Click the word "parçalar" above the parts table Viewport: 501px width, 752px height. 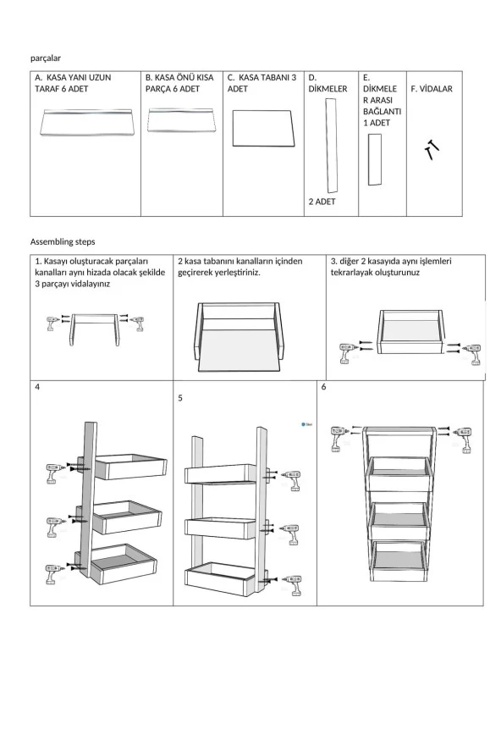click(46, 58)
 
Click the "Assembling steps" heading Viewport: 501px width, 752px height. click(63, 241)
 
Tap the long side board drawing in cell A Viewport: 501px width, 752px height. click(86, 122)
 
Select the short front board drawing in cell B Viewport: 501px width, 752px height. click(181, 120)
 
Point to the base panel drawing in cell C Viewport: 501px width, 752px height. click(262, 128)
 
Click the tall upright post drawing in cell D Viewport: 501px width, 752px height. click(331, 146)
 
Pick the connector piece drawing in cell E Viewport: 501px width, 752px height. click(374, 160)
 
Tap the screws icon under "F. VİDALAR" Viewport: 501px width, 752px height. click(432, 150)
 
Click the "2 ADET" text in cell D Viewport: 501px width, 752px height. click(322, 202)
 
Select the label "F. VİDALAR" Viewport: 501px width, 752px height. click(432, 89)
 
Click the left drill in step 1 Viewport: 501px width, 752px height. click(53, 323)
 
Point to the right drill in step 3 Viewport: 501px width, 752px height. click(472, 354)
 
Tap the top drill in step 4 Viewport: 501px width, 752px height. click(55, 473)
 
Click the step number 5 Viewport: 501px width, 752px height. click(180, 398)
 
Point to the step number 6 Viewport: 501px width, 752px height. click(323, 386)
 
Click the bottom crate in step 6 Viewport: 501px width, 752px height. click(398, 561)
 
